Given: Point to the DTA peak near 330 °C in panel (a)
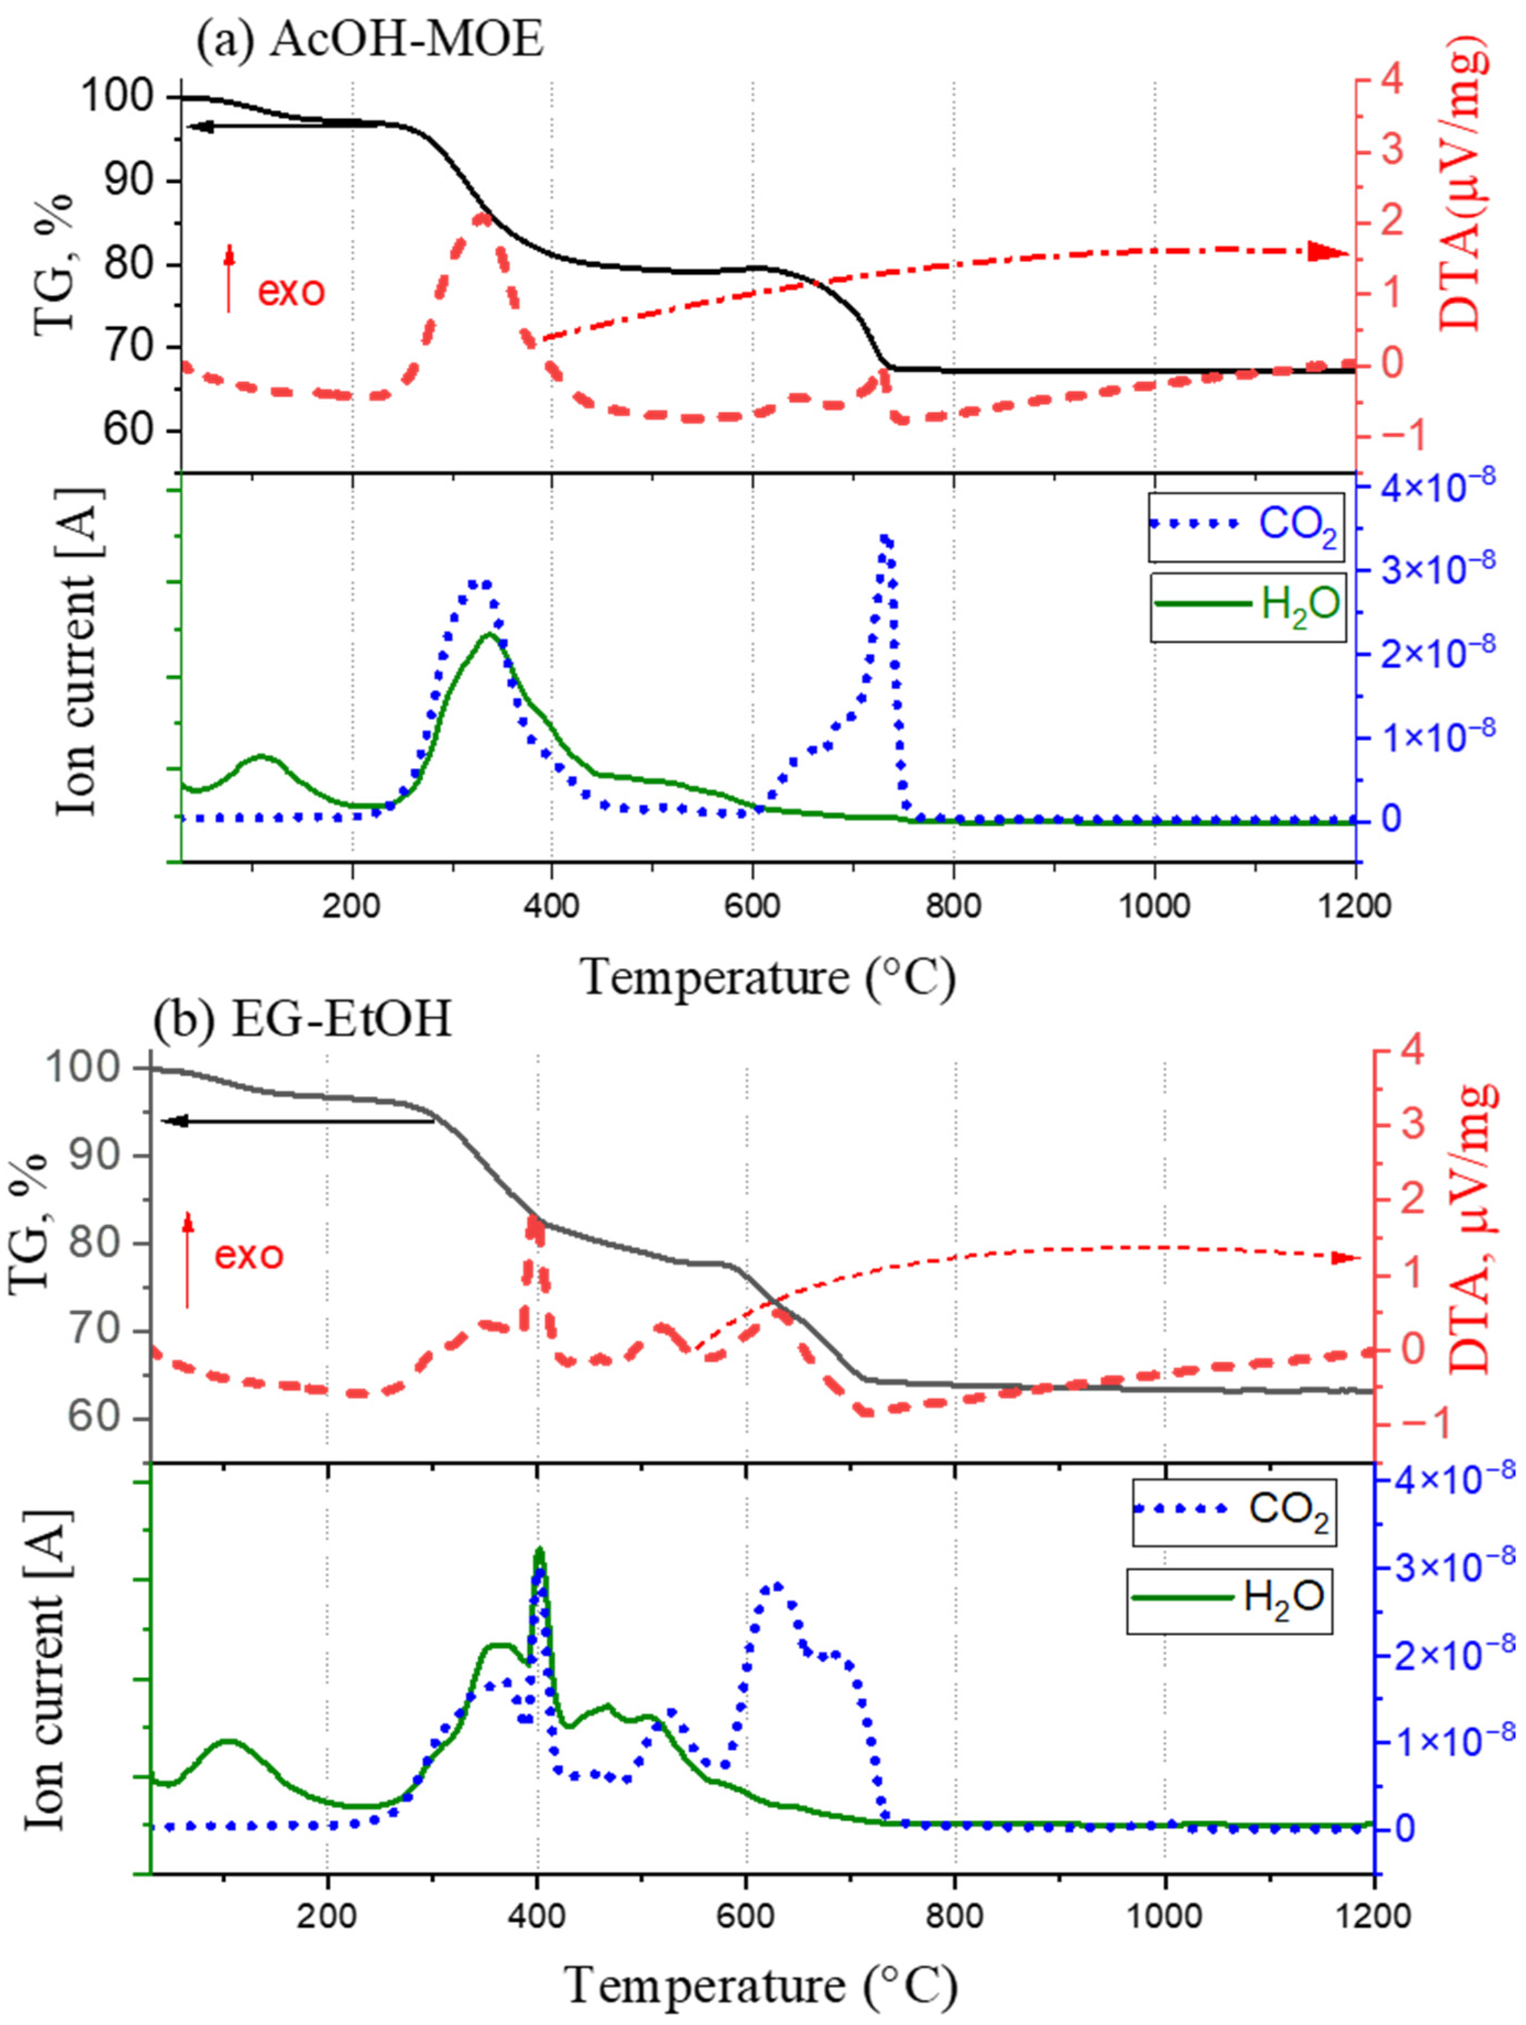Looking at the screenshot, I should tap(480, 217).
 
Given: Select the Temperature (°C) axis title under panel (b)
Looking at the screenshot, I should tap(761, 1985).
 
